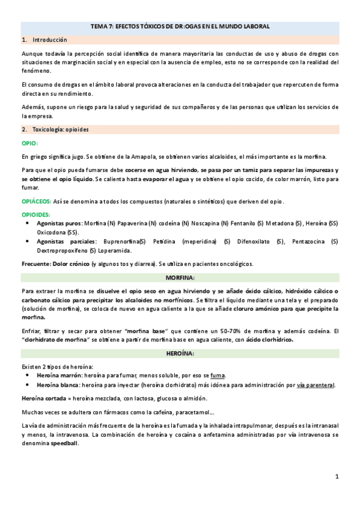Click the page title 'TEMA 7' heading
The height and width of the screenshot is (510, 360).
click(180, 26)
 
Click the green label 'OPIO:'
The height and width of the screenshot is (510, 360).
click(29, 143)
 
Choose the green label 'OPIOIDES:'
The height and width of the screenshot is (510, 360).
click(35, 214)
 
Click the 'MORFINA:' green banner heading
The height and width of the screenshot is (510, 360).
click(180, 277)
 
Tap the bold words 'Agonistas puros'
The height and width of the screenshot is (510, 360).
click(59, 223)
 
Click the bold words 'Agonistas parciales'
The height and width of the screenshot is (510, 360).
click(64, 241)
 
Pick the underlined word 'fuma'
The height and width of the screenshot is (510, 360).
click(217, 376)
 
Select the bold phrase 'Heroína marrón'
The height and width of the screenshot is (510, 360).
click(59, 376)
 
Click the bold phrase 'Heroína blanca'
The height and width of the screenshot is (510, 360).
click(58, 385)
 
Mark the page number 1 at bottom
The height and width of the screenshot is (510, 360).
click(337, 476)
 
